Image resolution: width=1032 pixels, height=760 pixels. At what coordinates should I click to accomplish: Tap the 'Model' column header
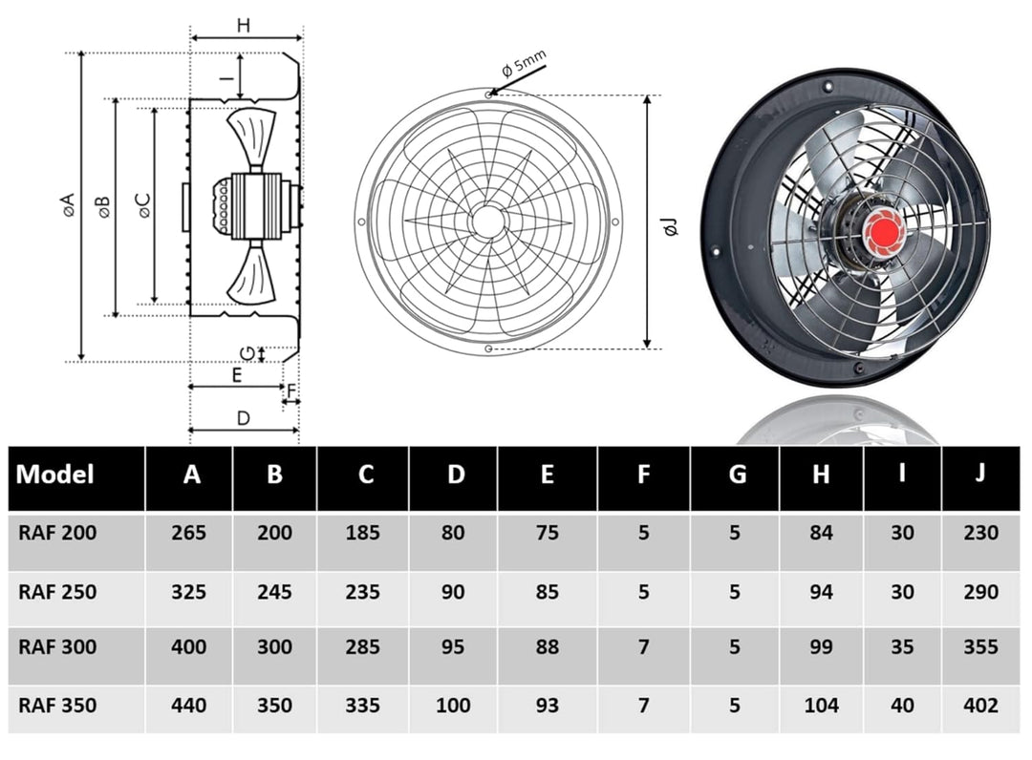click(55, 475)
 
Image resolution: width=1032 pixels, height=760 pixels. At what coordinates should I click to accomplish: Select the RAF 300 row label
click(57, 647)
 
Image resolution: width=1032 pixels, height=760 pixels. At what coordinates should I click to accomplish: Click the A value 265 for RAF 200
click(189, 533)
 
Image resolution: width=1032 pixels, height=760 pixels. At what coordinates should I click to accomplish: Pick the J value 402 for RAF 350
click(980, 706)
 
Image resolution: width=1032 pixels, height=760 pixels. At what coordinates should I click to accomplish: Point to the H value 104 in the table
click(821, 706)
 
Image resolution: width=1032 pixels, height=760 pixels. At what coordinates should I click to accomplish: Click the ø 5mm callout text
click(524, 68)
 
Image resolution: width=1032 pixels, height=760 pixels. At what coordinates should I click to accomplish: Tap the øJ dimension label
click(671, 226)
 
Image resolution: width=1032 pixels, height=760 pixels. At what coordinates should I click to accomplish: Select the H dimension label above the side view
click(244, 26)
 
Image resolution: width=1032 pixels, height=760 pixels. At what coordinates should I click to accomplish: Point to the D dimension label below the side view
click(243, 417)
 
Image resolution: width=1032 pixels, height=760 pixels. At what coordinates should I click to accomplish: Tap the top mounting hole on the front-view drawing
click(489, 95)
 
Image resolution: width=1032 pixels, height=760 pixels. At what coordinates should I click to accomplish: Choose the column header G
click(737, 475)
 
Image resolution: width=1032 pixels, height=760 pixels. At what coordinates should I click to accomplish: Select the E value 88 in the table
click(547, 647)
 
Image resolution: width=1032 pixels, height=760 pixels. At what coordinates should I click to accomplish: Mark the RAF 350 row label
click(57, 706)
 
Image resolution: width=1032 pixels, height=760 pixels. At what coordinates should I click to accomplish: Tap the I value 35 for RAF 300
click(902, 647)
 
